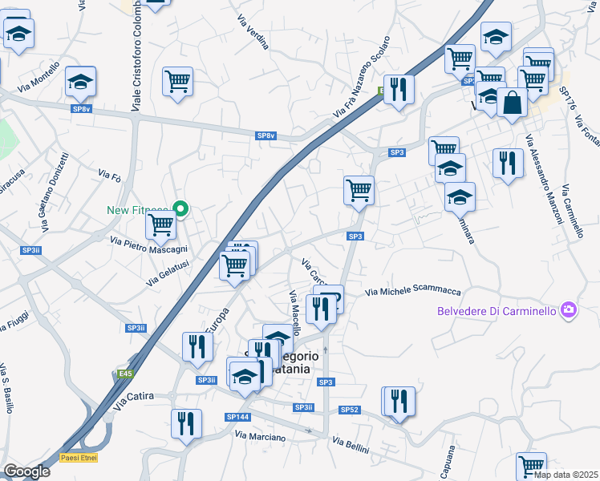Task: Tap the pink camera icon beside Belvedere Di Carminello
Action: pyautogui.click(x=569, y=309)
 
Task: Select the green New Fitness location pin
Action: pyautogui.click(x=181, y=210)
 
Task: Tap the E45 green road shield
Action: pyautogui.click(x=124, y=374)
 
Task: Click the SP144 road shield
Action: pyautogui.click(x=237, y=417)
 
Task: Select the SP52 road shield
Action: pyautogui.click(x=349, y=410)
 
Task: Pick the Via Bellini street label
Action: pyautogui.click(x=351, y=444)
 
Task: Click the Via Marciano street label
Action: pyautogui.click(x=260, y=436)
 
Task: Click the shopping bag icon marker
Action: pyautogui.click(x=512, y=103)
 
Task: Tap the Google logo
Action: pyautogui.click(x=26, y=471)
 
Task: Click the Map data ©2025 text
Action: pyautogui.click(x=566, y=475)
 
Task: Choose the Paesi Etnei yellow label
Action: pyautogui.click(x=77, y=459)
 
